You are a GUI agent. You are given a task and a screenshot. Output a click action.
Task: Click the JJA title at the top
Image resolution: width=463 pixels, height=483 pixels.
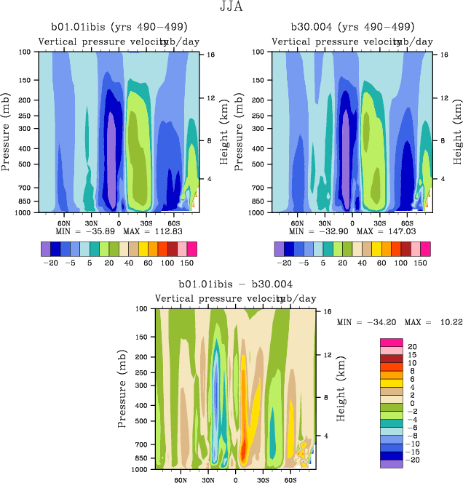coord(231,7)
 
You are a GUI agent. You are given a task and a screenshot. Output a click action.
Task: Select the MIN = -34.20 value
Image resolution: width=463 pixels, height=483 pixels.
coord(363,321)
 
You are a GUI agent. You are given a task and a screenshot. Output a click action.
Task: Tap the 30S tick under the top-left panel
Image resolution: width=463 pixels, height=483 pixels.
coord(146,223)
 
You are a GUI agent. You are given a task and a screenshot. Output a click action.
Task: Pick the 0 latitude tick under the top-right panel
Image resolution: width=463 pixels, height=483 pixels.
coord(352,223)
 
